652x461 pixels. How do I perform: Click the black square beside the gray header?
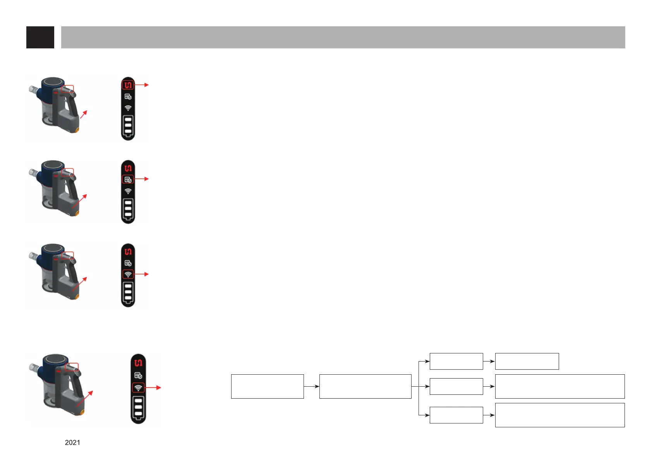40,38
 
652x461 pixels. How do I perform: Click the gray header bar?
343,38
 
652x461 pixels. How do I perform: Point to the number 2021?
72,442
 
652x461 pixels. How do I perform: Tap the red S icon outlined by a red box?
128,85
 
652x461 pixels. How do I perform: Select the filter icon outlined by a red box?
128,179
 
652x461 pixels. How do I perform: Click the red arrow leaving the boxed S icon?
142,85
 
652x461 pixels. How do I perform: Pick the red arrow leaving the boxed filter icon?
142,179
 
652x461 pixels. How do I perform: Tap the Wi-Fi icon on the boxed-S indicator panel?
128,108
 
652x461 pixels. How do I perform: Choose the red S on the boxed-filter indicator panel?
128,168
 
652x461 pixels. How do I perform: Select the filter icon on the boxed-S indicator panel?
128,97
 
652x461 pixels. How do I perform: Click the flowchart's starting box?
267,386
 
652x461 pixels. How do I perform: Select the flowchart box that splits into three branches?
365,386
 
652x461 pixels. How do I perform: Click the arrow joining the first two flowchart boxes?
312,386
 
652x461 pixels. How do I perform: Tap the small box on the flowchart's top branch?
456,361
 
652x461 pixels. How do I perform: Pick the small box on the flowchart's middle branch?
456,386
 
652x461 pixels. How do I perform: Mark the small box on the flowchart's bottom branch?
456,415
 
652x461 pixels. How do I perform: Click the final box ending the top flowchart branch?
527,361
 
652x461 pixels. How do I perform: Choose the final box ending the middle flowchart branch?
559,386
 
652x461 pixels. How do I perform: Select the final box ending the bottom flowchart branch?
559,415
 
